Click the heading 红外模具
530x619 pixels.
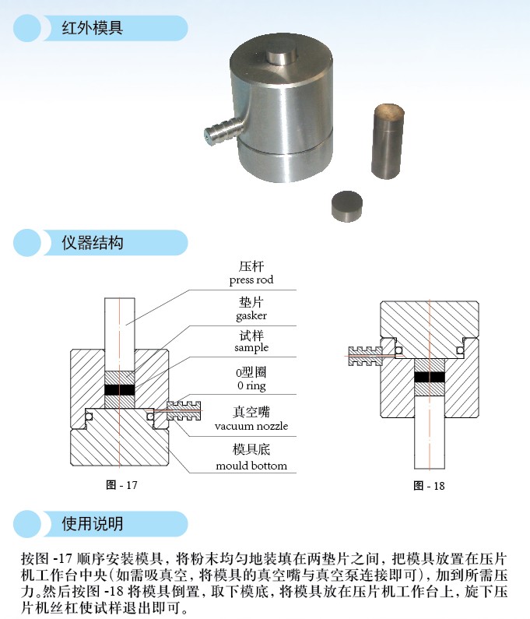pyautogui.click(x=93, y=29)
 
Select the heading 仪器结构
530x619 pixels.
pyautogui.click(x=93, y=243)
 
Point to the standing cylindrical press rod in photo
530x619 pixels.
pyautogui.click(x=387, y=141)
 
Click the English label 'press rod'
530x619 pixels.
pyautogui.click(x=251, y=280)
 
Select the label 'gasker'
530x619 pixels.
pyautogui.click(x=251, y=315)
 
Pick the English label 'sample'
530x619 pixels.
pyautogui.click(x=251, y=348)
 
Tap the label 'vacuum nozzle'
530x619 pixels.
pyautogui.click(x=251, y=426)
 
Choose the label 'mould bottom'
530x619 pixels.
pyautogui.click(x=251, y=466)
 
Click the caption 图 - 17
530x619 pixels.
pyautogui.click(x=121, y=485)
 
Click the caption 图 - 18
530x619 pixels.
pyautogui.click(x=430, y=486)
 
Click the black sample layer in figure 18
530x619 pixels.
pyautogui.click(x=430, y=376)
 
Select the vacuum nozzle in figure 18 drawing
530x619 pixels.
pyautogui.click(x=366, y=355)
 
